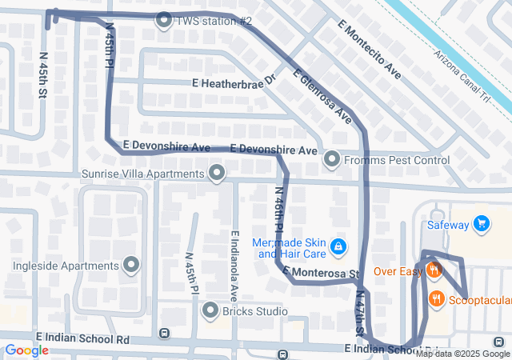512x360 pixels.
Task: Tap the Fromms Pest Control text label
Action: tap(398, 161)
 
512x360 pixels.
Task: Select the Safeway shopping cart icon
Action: tap(481, 225)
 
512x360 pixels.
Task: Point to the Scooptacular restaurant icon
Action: tap(436, 300)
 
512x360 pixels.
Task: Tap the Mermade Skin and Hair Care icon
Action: tap(338, 246)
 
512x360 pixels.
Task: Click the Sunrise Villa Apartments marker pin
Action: tap(217, 174)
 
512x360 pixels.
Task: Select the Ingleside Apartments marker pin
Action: tap(131, 266)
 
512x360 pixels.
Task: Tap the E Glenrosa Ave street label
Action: tap(322, 96)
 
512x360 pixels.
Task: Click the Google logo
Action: tap(26, 350)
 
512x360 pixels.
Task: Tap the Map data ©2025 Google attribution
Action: tap(462, 354)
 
